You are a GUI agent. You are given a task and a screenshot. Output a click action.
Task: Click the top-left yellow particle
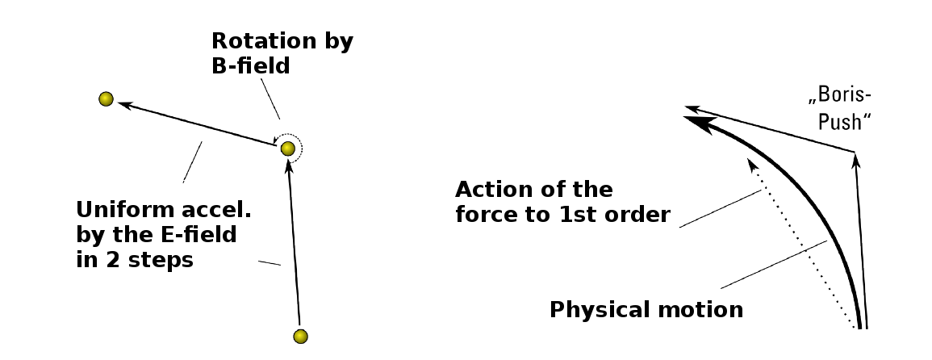[106, 98]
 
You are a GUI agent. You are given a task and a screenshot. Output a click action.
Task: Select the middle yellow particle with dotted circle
[288, 148]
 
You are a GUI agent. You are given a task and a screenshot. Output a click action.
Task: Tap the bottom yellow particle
[301, 337]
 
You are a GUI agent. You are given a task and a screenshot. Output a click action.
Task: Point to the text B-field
[251, 65]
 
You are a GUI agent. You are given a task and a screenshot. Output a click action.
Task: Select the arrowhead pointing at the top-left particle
[125, 105]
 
